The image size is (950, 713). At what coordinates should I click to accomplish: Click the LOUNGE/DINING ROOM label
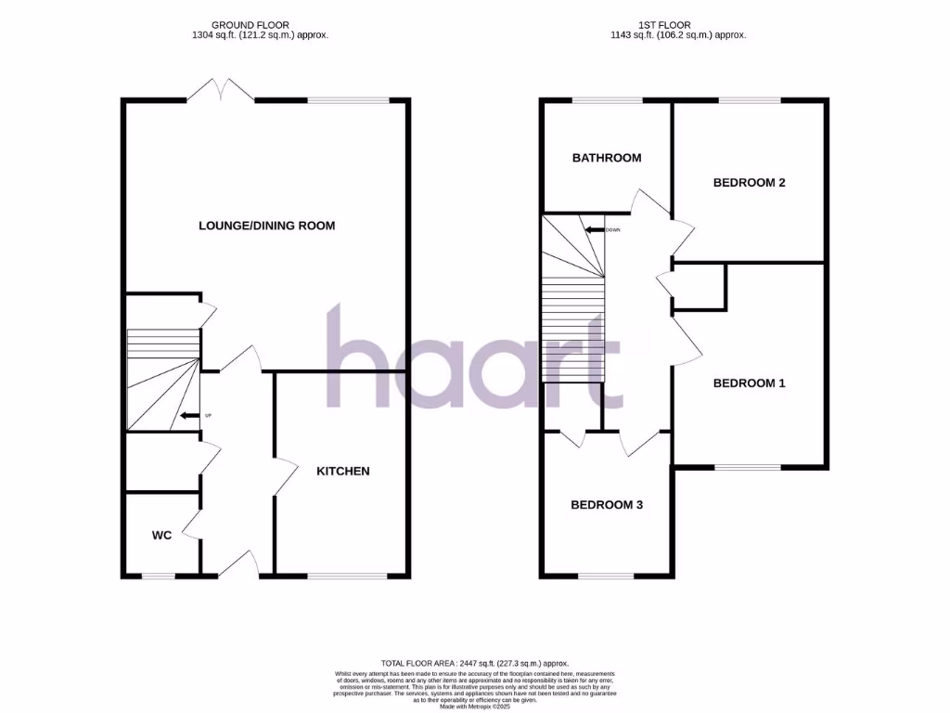[266, 226]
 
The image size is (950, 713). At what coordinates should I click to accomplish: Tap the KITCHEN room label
[343, 471]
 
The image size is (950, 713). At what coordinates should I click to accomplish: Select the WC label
[162, 535]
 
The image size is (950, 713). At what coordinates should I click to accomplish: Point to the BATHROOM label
[607, 158]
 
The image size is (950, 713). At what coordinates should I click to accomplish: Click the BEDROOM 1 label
[749, 382]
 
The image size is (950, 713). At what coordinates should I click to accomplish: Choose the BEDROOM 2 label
[750, 183]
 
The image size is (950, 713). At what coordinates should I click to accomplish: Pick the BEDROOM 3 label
[607, 505]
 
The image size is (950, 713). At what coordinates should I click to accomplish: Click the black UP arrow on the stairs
[189, 415]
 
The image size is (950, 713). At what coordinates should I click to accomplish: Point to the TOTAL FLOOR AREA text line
[474, 664]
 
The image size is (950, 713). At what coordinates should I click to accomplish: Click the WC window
[159, 576]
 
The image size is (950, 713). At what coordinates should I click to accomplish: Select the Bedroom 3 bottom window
[607, 576]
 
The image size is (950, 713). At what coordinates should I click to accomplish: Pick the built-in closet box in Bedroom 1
[699, 285]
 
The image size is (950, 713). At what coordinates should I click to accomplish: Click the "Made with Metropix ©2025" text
[474, 707]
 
